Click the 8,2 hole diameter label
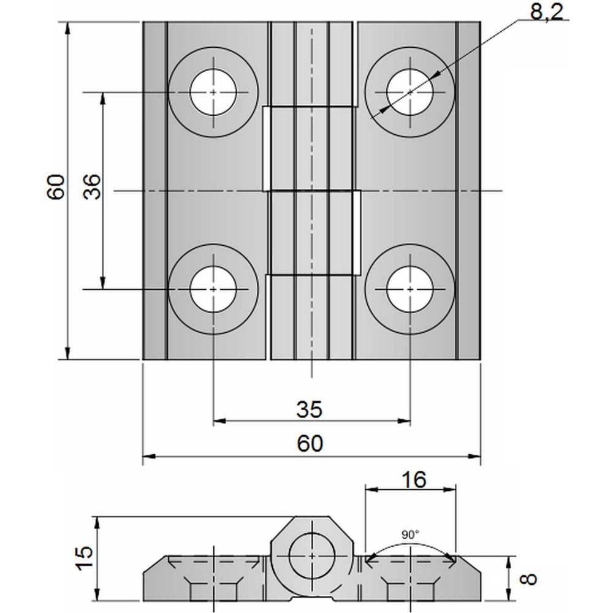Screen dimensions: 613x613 tap(547, 12)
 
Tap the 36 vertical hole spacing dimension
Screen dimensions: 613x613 tap(93, 187)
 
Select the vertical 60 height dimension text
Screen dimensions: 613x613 tap(56, 187)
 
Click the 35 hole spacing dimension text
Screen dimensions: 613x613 tap(309, 409)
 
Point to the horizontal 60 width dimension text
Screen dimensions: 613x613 tap(310, 443)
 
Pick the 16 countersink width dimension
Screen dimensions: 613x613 tap(414, 479)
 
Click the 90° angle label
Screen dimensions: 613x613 tap(410, 535)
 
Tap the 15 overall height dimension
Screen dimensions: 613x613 tap(85, 558)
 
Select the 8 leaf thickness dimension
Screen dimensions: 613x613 tap(529, 578)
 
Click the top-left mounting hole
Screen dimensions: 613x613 tap(213, 93)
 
